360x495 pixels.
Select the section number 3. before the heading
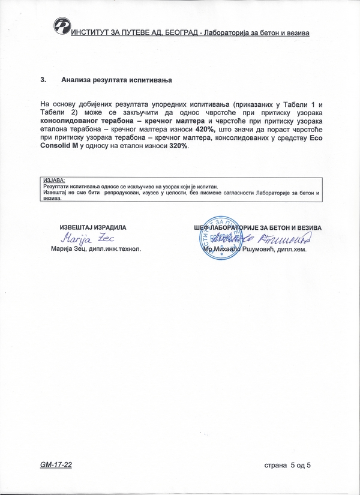pos(43,79)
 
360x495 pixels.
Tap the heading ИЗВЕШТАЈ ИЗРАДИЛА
pos(92,228)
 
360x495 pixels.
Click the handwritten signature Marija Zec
pos(91,239)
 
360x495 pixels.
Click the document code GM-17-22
pos(58,464)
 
